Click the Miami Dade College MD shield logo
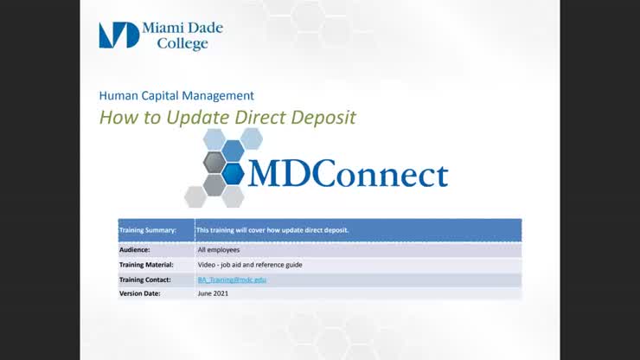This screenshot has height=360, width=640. click(x=118, y=35)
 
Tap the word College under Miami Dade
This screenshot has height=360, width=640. click(x=182, y=44)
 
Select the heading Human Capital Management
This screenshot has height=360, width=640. click(x=176, y=96)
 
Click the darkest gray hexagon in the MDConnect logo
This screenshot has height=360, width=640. click(x=214, y=162)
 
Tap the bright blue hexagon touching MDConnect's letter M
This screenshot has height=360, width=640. click(x=233, y=173)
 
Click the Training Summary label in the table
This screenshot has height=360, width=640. click(x=147, y=230)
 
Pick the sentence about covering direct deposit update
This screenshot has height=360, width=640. click(x=272, y=230)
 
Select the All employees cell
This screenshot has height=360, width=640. click(x=218, y=249)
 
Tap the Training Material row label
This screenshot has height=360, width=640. click(x=146, y=265)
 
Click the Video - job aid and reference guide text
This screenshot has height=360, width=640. click(x=249, y=265)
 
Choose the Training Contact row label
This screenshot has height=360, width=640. click(x=144, y=280)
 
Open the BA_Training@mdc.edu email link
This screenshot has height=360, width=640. click(x=232, y=280)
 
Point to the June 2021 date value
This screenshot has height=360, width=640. click(x=212, y=294)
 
